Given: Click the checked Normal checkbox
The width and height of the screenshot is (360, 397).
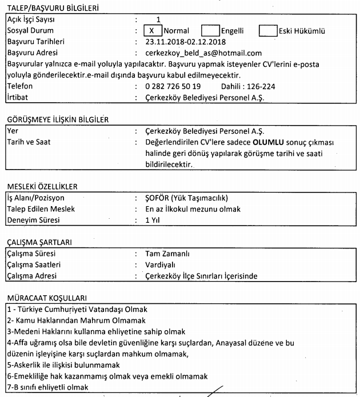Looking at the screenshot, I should pyautogui.click(x=151, y=30).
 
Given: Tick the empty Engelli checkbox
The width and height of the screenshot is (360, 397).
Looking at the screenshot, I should pyautogui.click(x=211, y=30).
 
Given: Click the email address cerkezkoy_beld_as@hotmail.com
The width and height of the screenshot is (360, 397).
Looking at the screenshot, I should pyautogui.click(x=204, y=53).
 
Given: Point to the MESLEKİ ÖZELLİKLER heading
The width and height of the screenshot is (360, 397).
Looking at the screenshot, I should pyautogui.click(x=43, y=186).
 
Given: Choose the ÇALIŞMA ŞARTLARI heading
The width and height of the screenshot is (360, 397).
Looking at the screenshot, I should pyautogui.click(x=39, y=242).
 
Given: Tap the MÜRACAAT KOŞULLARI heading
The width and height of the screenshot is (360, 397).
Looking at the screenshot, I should pyautogui.click(x=45, y=298).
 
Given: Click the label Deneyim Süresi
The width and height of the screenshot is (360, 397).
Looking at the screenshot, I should pyautogui.click(x=31, y=220).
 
